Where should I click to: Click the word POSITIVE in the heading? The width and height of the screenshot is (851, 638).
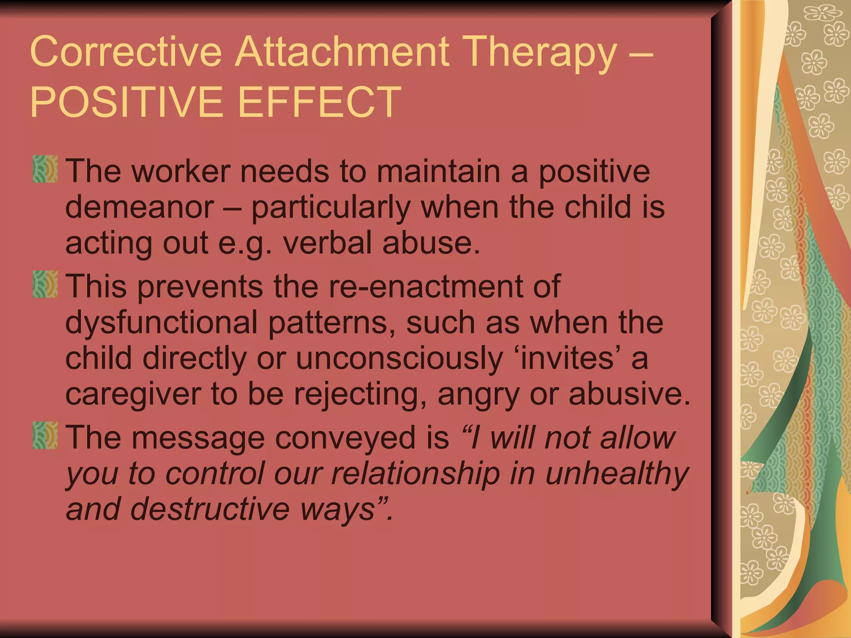click(x=124, y=102)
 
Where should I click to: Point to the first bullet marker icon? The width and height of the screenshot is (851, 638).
click(x=45, y=169)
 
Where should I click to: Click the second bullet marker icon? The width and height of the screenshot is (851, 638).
click(x=45, y=284)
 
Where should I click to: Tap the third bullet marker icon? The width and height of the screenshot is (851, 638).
click(x=45, y=435)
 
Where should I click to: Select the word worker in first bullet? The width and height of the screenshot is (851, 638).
click(x=181, y=171)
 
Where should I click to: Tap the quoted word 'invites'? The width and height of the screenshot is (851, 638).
click(x=567, y=358)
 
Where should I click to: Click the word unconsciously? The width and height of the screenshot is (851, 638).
click(x=399, y=358)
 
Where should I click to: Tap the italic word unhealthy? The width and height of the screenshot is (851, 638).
click(x=617, y=474)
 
